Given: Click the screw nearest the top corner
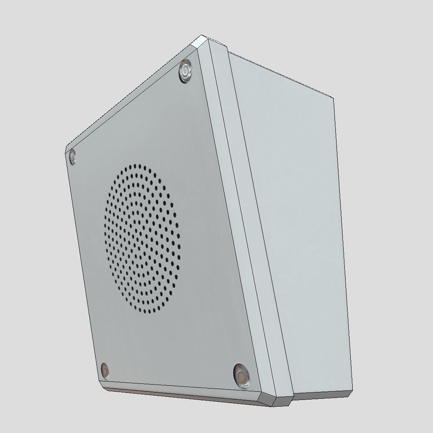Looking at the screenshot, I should point(185,71).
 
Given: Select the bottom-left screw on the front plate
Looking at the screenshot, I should point(105,370).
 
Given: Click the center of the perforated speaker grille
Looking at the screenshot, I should point(142,239).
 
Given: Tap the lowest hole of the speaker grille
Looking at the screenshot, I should point(150,313).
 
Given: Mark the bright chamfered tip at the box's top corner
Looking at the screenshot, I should point(203,40).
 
